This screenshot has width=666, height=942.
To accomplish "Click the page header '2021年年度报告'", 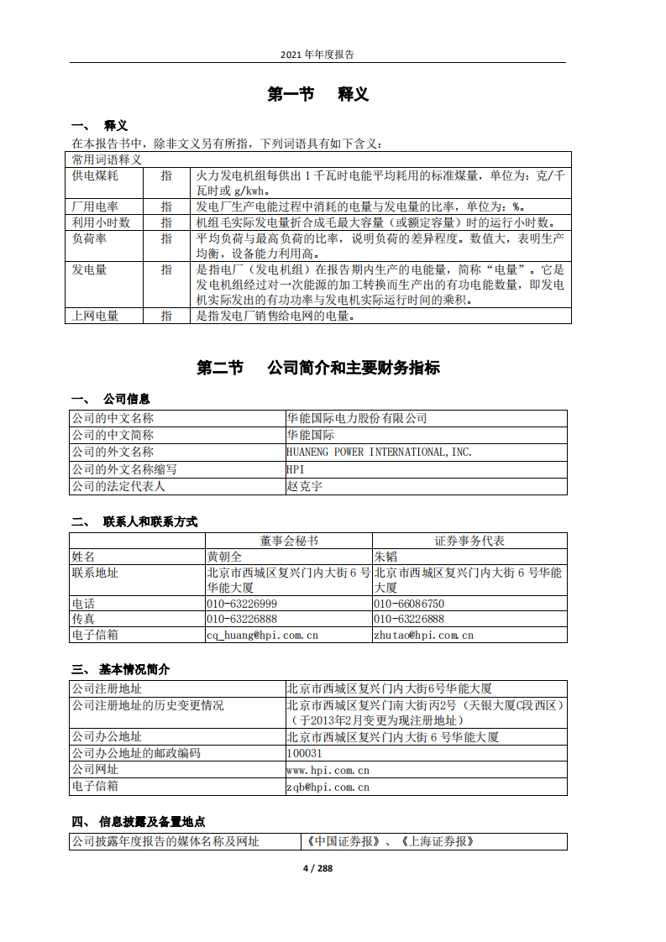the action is (317, 54).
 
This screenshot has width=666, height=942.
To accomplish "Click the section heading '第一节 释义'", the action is (317, 94).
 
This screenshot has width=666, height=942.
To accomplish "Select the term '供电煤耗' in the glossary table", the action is (95, 175).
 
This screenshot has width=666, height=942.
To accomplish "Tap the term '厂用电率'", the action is (95, 207).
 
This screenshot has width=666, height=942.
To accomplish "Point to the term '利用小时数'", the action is (101, 222).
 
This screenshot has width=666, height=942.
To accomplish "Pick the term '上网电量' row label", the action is (95, 316).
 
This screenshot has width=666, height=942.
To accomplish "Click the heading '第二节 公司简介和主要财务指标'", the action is (317, 368).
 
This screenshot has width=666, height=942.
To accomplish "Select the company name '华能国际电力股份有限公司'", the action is (357, 418).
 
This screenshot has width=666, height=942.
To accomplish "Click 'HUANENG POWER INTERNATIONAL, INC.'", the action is (380, 452).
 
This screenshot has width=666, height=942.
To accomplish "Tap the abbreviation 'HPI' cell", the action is (296, 468).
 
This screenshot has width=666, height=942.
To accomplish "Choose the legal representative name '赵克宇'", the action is (304, 485).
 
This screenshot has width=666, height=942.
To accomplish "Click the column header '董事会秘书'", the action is (289, 541).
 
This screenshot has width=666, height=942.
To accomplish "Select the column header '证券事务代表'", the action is (469, 541).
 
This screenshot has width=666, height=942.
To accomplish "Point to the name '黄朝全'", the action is (224, 556).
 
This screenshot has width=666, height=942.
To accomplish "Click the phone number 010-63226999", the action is (242, 604).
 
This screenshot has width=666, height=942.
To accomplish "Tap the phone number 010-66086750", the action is (409, 604).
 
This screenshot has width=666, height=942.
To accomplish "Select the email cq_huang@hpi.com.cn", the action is (262, 635).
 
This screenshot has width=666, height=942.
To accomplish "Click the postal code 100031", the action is (304, 753).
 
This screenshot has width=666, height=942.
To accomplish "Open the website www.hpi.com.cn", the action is (328, 769).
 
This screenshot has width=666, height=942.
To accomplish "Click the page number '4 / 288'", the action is (317, 868).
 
